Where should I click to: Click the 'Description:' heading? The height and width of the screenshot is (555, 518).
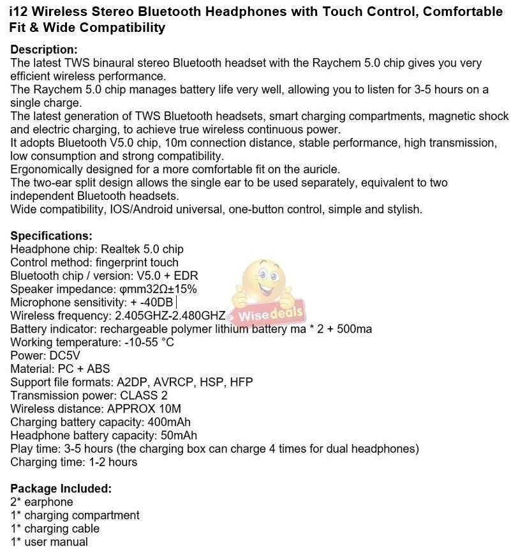tap(44, 50)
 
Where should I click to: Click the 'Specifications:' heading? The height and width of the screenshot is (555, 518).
tap(51, 236)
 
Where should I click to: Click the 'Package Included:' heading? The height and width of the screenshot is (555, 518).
tap(61, 489)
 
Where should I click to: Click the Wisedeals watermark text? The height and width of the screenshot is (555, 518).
tap(271, 315)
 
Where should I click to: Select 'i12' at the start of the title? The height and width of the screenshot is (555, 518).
tap(19, 11)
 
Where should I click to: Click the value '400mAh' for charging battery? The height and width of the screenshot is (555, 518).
tap(168, 422)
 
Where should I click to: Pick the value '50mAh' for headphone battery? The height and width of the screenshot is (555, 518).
tap(175, 436)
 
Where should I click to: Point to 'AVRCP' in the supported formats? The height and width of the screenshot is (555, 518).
tap(175, 382)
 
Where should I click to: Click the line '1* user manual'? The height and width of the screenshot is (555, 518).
tap(49, 542)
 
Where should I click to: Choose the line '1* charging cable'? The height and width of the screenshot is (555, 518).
tap(55, 528)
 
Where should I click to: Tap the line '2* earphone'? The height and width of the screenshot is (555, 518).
tap(41, 502)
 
